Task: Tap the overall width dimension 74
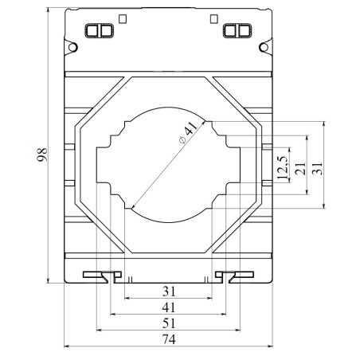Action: pos(166,338)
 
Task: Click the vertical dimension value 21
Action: pos(299,168)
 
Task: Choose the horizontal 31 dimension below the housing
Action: pos(166,292)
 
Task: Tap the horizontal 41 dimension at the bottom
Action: pos(166,307)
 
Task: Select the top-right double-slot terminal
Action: pos(237,31)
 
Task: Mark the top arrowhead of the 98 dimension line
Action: pos(50,12)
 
